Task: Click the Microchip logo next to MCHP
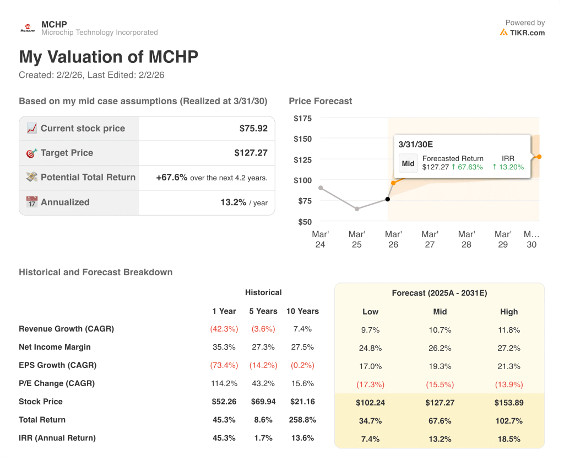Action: [28, 28]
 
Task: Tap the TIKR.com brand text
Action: [527, 33]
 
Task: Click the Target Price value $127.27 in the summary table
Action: [251, 153]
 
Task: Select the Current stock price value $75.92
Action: [253, 129]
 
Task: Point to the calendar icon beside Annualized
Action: [32, 202]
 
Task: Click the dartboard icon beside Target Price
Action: [32, 153]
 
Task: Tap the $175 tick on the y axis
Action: [302, 119]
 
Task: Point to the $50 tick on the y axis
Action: [305, 222]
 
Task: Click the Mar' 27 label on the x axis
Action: [430, 239]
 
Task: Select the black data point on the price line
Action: [388, 199]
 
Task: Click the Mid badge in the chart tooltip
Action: [408, 163]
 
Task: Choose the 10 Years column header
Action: [302, 311]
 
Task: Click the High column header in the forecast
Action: [509, 312]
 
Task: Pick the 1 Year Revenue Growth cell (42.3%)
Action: [224, 329]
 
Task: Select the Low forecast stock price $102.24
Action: [370, 403]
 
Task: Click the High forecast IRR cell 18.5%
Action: [509, 439]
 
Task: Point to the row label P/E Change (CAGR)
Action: [57, 383]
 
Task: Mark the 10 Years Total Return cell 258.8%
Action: [302, 420]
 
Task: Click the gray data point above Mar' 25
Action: [357, 209]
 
